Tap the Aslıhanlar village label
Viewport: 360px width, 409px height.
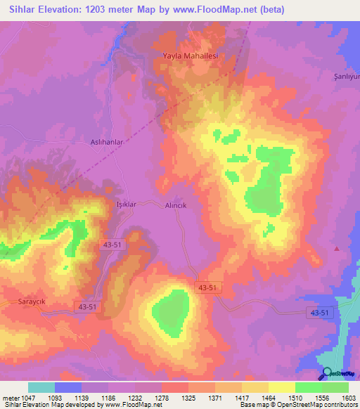(x=107, y=142)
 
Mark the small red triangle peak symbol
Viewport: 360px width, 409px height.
(x=337, y=248)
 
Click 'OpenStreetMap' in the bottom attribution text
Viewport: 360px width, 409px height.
(x=294, y=405)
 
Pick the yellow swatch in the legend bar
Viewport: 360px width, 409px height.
(x=282, y=387)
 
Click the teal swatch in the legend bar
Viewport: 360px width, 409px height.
(x=41, y=387)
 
